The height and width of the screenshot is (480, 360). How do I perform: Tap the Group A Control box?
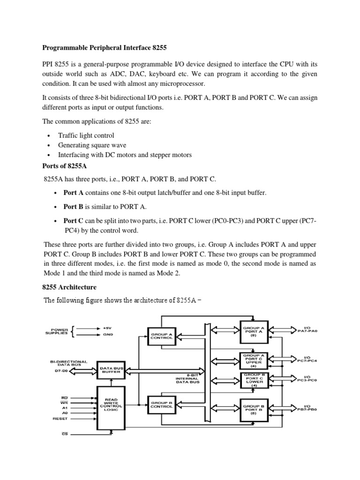point(162,336)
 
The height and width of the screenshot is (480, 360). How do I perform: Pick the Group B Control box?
point(162,405)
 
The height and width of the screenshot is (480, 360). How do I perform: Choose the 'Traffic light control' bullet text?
point(86,135)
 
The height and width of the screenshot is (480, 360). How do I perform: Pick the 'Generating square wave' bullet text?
point(92,145)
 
